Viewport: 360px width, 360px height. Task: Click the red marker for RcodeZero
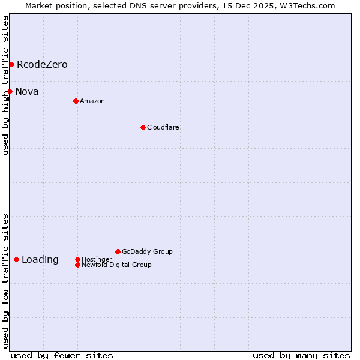[x=11, y=64]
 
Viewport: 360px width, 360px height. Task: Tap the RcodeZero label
[x=42, y=65]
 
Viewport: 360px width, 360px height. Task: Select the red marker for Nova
[x=10, y=91]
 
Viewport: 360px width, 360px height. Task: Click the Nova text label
[x=27, y=92]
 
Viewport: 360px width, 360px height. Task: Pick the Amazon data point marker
[x=76, y=101]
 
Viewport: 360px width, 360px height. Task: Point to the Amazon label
[x=92, y=101]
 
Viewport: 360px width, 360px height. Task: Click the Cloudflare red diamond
[x=143, y=127]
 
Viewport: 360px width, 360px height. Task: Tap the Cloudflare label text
[x=163, y=128]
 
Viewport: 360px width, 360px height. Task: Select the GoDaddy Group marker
[x=118, y=251]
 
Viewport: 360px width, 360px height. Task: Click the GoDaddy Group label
[x=147, y=252]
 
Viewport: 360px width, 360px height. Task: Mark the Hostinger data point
[x=77, y=259]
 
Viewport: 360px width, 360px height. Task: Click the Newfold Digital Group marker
[x=77, y=265]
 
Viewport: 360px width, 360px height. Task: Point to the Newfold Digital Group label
[x=116, y=265]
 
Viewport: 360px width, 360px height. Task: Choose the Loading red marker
[x=16, y=259]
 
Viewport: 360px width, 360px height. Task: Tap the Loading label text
[x=40, y=260]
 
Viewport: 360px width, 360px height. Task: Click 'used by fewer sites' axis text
[x=62, y=356]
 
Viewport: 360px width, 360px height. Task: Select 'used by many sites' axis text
[x=301, y=356]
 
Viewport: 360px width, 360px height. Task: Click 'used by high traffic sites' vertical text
[x=5, y=85]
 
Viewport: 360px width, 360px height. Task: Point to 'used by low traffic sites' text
[x=5, y=281]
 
